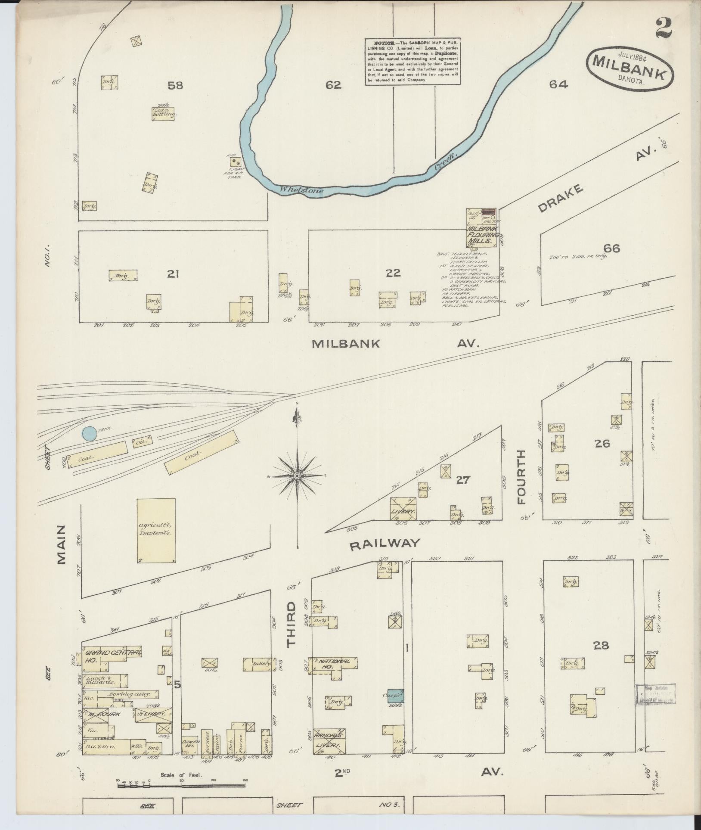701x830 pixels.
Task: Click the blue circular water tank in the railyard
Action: [x=90, y=433]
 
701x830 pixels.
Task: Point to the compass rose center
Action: [x=297, y=476]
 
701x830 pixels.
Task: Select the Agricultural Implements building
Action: [x=156, y=531]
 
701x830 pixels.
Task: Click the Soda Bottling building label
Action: [x=163, y=113]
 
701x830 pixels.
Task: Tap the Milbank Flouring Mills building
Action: [x=482, y=233]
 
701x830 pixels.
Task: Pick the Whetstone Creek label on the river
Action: [x=301, y=190]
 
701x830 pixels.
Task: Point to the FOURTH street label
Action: [x=521, y=477]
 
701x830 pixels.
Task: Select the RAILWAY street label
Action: [x=385, y=544]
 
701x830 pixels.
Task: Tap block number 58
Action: [x=175, y=85]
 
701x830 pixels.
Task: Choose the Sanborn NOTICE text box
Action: [x=413, y=61]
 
